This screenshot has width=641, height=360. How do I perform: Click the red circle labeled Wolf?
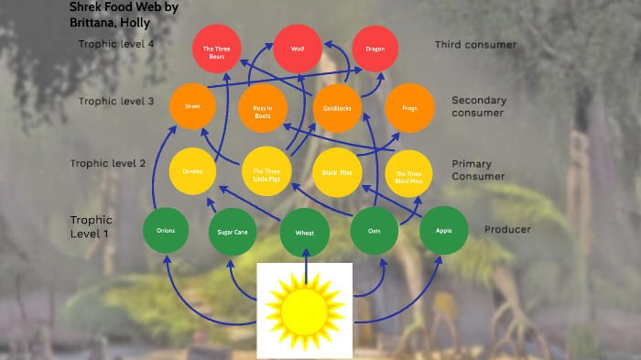point(298,48)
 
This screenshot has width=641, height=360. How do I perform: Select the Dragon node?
point(375,48)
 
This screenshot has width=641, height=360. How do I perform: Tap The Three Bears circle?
point(216,50)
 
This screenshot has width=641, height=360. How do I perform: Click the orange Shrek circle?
point(192,106)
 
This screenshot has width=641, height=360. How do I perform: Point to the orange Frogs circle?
point(409,108)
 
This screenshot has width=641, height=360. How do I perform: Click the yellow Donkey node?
point(192,171)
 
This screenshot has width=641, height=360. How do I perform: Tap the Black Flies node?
point(337,171)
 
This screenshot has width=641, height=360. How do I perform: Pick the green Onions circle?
point(167,231)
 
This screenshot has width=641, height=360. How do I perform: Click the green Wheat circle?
point(305,234)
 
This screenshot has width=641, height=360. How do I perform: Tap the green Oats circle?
point(375,233)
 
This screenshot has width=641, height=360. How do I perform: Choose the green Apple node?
point(444,231)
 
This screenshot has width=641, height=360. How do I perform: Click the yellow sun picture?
point(304,311)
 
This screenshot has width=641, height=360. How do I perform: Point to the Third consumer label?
point(475,44)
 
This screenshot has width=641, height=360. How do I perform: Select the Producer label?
point(507,229)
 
